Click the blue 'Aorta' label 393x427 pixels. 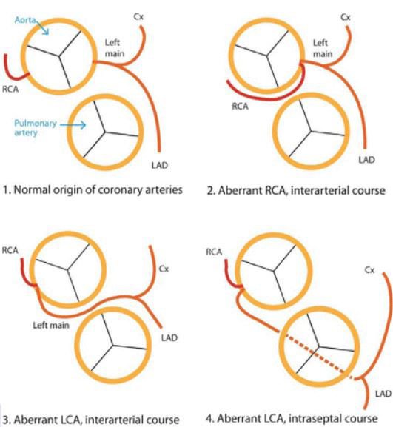pyautogui.click(x=24, y=20)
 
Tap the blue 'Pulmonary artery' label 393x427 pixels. pyautogui.click(x=36, y=128)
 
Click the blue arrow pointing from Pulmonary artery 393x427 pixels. pyautogui.click(x=73, y=125)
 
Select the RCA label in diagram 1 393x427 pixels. pyautogui.click(x=10, y=89)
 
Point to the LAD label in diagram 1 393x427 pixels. pyautogui.click(x=160, y=165)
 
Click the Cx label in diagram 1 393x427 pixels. pyautogui.click(x=138, y=16)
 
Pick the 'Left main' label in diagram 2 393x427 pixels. pyautogui.click(x=323, y=48)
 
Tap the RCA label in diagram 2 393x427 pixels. pyautogui.click(x=241, y=107)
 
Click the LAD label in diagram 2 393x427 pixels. pyautogui.click(x=366, y=160)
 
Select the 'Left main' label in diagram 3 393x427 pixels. pyautogui.click(x=51, y=325)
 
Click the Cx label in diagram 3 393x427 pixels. pyautogui.click(x=164, y=269)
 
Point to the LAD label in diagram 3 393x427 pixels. pyautogui.click(x=169, y=338)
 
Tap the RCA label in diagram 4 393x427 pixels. pyautogui.click(x=214, y=252)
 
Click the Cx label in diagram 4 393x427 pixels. pyautogui.click(x=369, y=270)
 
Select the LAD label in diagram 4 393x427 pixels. pyautogui.click(x=383, y=394)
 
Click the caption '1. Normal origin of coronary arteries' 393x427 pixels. pyautogui.click(x=93, y=189)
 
